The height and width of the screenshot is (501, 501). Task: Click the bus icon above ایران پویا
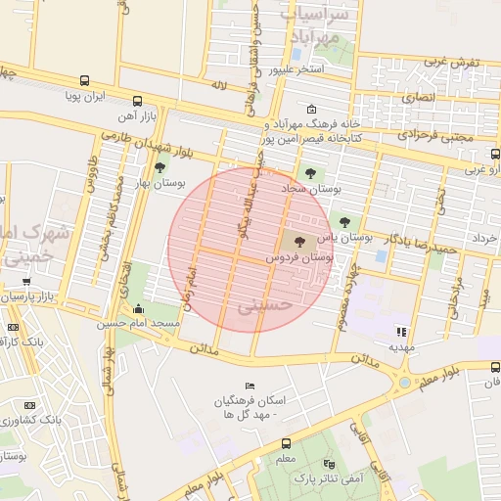85,81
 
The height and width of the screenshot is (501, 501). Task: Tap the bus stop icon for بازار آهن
137,101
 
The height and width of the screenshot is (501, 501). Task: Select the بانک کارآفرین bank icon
13,327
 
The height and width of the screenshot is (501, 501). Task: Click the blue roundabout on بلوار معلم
404,382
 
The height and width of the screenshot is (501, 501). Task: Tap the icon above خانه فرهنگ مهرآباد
311,110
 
